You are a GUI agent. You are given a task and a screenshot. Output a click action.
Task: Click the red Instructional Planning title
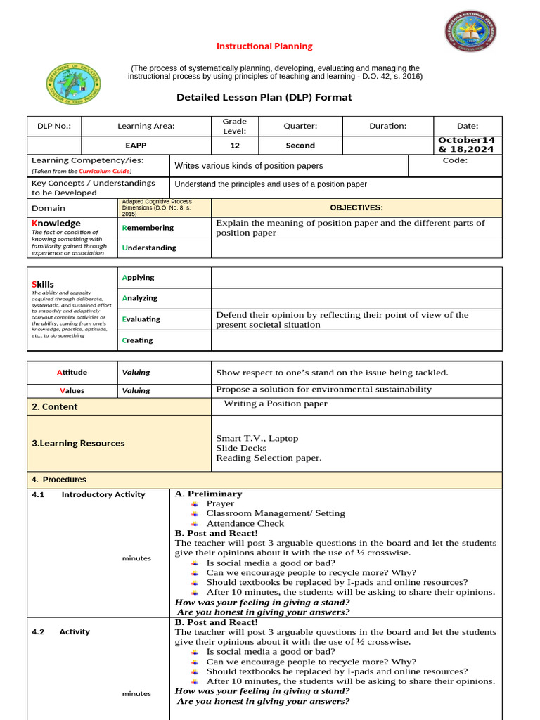[x=264, y=46]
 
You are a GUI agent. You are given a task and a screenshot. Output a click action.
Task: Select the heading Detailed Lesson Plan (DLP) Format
[x=264, y=97]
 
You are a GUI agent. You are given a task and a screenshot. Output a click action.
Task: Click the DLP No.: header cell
[x=54, y=127]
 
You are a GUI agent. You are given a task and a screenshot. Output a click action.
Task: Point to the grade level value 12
[x=235, y=146]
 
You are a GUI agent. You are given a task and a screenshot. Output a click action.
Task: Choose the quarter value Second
[x=300, y=146]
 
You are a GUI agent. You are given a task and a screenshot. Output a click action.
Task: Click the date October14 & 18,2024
[x=467, y=145]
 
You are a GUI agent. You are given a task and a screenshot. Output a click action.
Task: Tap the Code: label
[x=455, y=161]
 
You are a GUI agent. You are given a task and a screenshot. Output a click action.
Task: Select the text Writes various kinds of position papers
[x=249, y=166]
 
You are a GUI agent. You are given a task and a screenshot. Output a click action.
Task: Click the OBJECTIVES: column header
[x=356, y=208]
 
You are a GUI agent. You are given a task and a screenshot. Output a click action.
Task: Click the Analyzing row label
[x=140, y=298]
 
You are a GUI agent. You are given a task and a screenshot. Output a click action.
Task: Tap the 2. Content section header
[x=55, y=407]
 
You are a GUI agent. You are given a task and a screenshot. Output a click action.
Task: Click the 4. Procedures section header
[x=59, y=480]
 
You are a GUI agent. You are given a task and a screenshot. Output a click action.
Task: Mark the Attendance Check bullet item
[x=245, y=524]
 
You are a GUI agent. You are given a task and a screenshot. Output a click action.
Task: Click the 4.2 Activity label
[x=61, y=632]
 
